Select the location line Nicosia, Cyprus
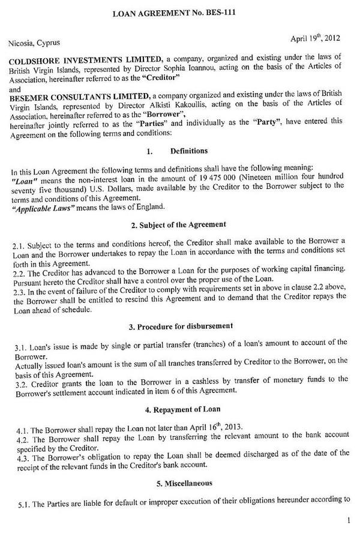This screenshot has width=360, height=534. (34, 43)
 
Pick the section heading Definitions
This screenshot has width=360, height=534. (190, 151)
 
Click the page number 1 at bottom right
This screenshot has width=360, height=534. (349, 521)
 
